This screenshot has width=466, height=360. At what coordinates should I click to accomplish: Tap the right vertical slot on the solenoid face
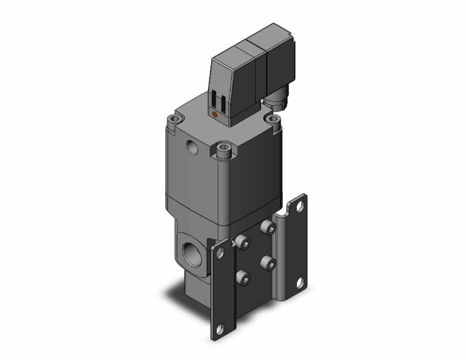point(220,102)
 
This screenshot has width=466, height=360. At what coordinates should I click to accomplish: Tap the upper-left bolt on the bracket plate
point(244,244)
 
